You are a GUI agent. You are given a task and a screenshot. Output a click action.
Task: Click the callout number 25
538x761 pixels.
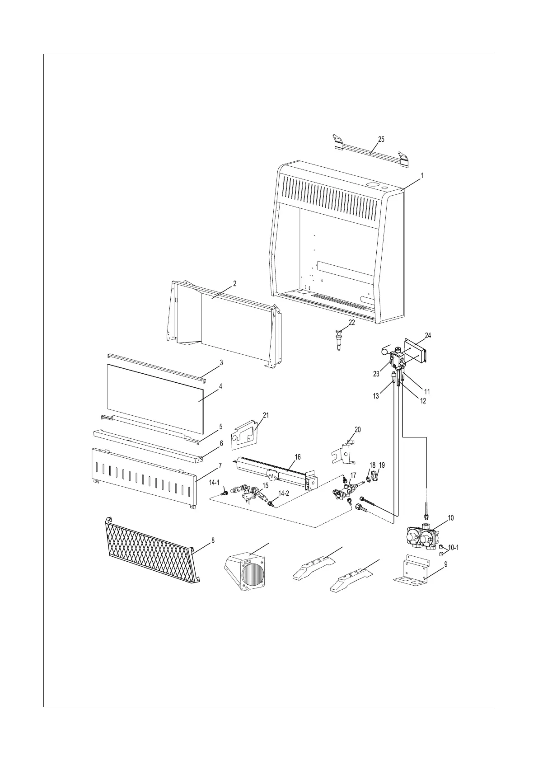click(x=381, y=140)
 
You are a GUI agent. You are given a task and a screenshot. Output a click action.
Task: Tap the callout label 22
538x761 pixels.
click(x=351, y=323)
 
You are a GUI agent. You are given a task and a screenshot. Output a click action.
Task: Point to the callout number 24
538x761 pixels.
click(x=428, y=335)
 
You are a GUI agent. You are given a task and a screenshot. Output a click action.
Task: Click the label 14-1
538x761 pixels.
click(x=214, y=483)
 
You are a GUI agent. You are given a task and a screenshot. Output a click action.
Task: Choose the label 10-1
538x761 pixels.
click(x=453, y=548)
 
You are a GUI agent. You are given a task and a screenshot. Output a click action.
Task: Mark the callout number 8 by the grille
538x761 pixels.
click(x=213, y=540)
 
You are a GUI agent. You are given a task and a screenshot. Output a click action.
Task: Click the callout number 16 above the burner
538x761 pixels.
click(x=298, y=457)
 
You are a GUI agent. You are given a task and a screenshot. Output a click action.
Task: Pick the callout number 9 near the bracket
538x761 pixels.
click(x=445, y=564)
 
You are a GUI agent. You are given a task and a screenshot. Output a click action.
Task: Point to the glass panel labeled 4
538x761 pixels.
click(x=154, y=391)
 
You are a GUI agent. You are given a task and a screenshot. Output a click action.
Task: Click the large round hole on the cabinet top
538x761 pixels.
click(x=373, y=185)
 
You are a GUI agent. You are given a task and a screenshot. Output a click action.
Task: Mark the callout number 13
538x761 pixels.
click(x=376, y=397)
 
